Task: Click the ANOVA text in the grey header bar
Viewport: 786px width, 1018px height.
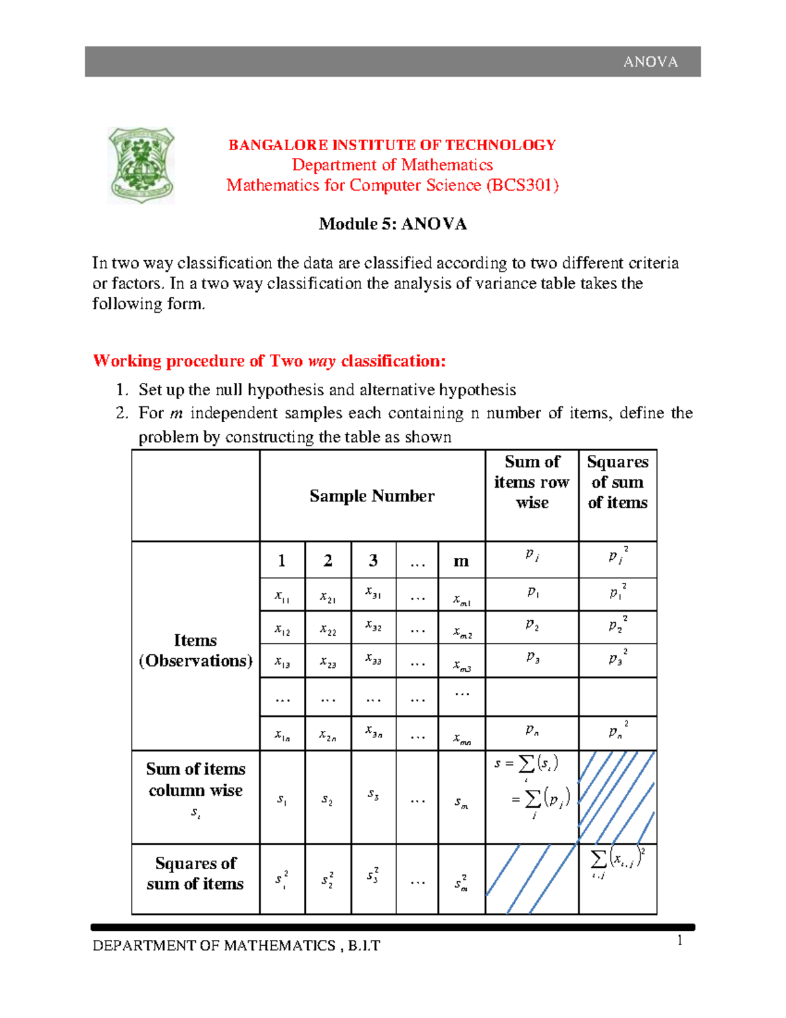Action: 650,62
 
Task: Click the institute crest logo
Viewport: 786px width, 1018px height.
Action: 141,165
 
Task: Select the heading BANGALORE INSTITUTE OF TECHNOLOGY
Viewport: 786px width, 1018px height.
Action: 392,145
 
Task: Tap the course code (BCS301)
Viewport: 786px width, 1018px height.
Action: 522,186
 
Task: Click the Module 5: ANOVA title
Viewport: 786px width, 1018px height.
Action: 392,224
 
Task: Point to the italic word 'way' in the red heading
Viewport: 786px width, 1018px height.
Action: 321,361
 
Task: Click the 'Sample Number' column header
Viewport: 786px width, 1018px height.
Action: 371,496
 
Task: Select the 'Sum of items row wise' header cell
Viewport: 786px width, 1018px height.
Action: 532,482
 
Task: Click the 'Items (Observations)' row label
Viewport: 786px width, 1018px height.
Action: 195,650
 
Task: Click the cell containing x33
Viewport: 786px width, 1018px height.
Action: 373,659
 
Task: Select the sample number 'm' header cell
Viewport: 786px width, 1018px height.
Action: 461,561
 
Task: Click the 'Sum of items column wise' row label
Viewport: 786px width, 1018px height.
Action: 195,780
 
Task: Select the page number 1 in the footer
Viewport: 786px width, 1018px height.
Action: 679,941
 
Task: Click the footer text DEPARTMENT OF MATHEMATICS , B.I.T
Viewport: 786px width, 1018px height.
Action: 236,946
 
